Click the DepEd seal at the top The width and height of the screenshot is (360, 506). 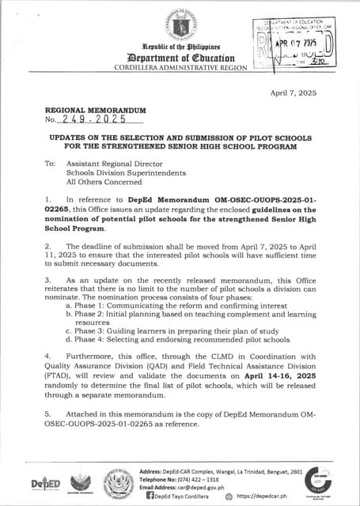pyautogui.click(x=180, y=28)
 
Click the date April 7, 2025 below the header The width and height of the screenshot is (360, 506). pyautogui.click(x=293, y=93)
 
